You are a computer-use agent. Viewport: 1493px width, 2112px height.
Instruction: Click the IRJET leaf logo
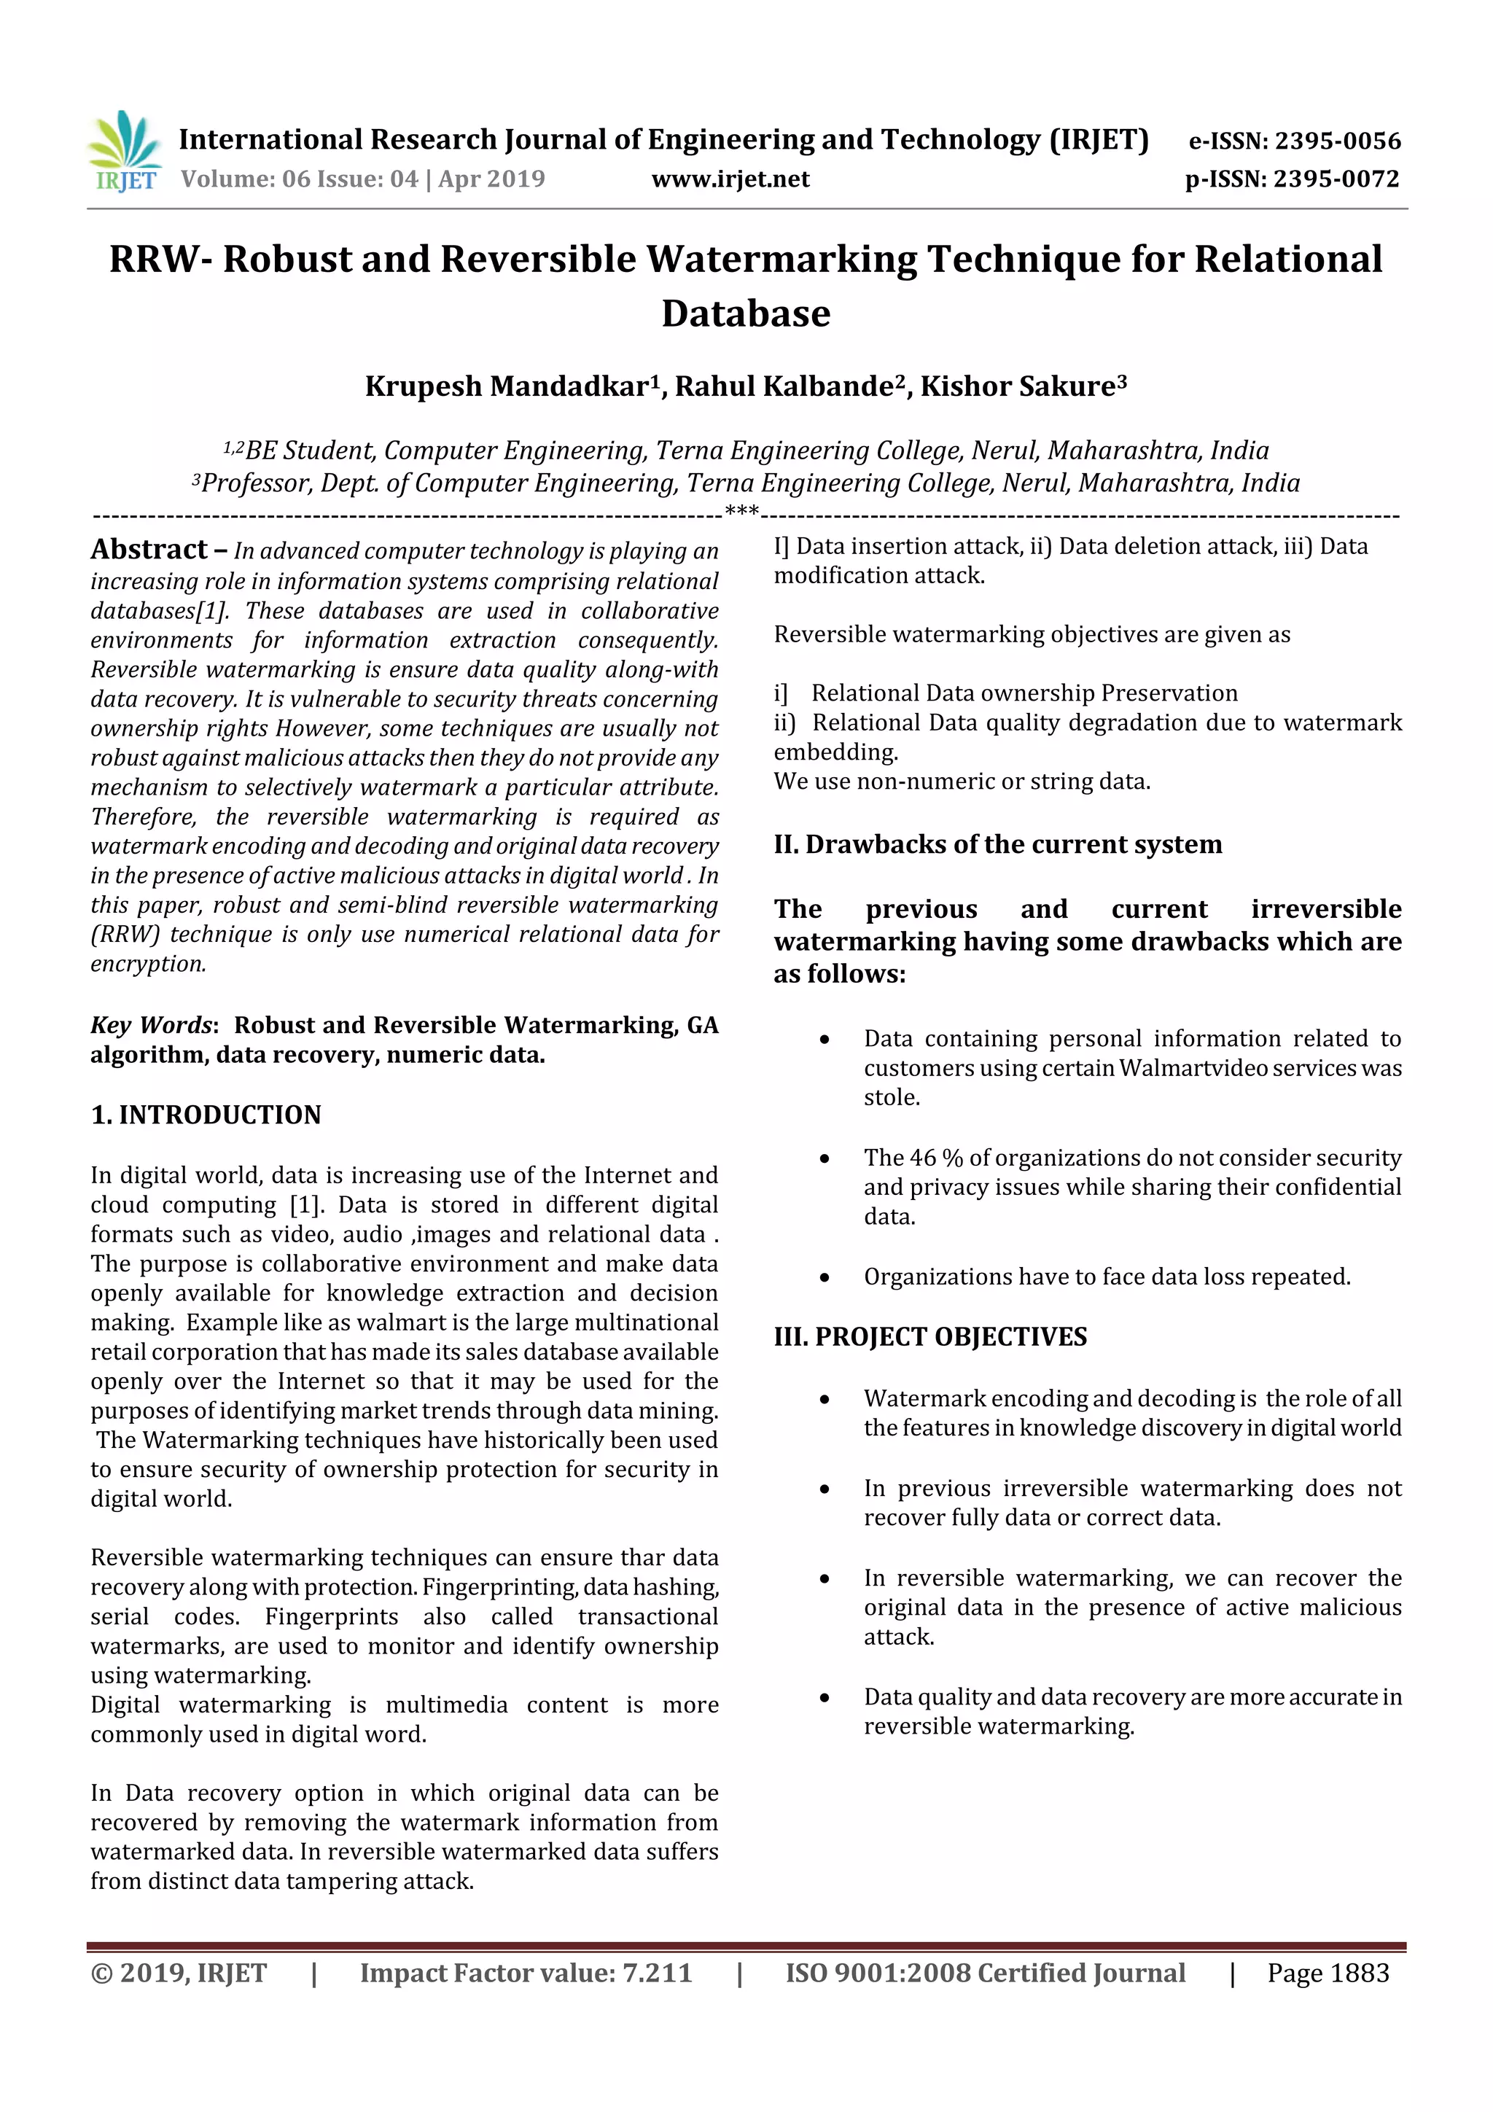tap(124, 149)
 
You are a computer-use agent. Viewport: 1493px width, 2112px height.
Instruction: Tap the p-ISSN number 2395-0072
tap(1336, 179)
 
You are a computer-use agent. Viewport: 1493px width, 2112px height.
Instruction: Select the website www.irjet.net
tap(730, 179)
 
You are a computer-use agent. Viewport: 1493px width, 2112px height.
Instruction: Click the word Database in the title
tap(745, 313)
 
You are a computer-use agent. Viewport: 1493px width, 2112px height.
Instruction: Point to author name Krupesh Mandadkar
tap(507, 386)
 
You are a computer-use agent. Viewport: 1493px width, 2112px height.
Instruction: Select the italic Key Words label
tap(152, 1025)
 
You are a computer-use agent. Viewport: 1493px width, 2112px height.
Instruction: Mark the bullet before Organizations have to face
tap(825, 1278)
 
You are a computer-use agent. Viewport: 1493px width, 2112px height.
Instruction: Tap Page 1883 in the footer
tap(1328, 1973)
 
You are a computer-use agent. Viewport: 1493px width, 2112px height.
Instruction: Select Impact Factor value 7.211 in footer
tap(526, 1973)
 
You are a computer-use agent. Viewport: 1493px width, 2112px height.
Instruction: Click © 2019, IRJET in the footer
tap(179, 1973)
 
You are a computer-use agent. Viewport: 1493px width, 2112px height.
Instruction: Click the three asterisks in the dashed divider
tap(741, 510)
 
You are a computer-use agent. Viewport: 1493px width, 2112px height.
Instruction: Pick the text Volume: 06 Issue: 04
tap(300, 179)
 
